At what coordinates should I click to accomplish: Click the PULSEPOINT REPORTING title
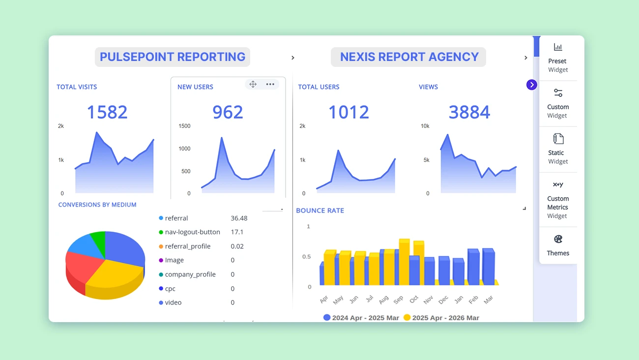click(173, 57)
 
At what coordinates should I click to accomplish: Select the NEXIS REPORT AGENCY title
click(409, 57)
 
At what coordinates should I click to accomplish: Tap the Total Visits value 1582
click(107, 112)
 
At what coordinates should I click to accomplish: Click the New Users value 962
click(228, 112)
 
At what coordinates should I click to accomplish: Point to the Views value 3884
click(469, 112)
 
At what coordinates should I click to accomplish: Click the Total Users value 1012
click(349, 112)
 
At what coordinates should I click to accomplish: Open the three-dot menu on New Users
click(270, 84)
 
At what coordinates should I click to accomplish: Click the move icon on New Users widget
click(253, 84)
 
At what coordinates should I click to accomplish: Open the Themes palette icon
click(558, 240)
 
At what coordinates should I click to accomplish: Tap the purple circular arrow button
click(531, 85)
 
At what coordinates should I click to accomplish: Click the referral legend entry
click(176, 218)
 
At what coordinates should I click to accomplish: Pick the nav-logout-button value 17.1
click(237, 232)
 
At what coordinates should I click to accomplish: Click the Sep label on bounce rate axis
click(398, 299)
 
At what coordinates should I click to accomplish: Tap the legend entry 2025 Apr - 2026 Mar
click(441, 318)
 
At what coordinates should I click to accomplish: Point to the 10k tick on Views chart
click(425, 126)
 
